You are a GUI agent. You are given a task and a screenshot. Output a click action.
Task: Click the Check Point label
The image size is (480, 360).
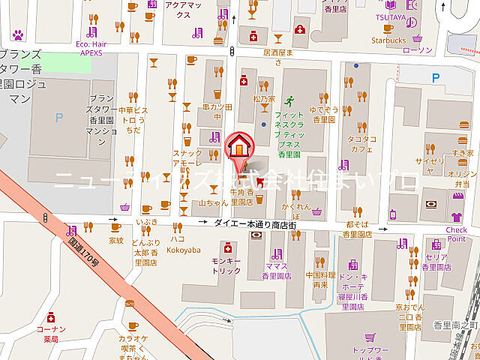(456, 234)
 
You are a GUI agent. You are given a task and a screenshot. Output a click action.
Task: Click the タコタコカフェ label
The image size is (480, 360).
(361, 144)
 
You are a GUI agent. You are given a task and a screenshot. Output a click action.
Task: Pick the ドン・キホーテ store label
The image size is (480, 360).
(352, 286)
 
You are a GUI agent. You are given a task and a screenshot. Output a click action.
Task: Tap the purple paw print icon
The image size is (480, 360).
(19, 34)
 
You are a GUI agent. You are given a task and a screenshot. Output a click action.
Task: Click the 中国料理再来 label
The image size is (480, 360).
(321, 280)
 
